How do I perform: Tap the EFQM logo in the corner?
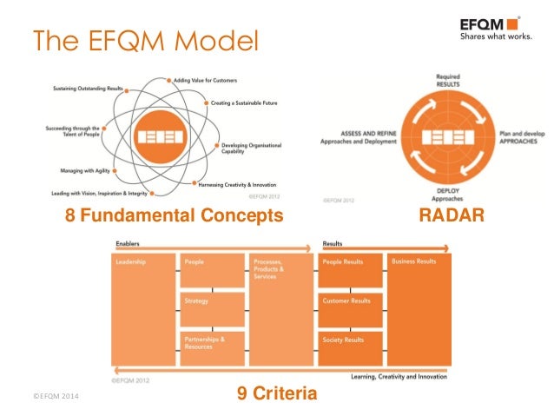[x=491, y=29]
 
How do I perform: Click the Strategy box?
[x=213, y=308]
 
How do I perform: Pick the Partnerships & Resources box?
[x=213, y=347]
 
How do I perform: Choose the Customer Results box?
[x=351, y=308]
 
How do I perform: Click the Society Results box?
[x=351, y=347]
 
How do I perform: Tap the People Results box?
[x=351, y=269]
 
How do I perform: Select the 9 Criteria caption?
[x=277, y=395]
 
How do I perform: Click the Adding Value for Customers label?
[x=206, y=80]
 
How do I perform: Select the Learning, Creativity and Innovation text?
[x=399, y=376]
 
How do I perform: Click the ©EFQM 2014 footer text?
[x=54, y=397]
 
